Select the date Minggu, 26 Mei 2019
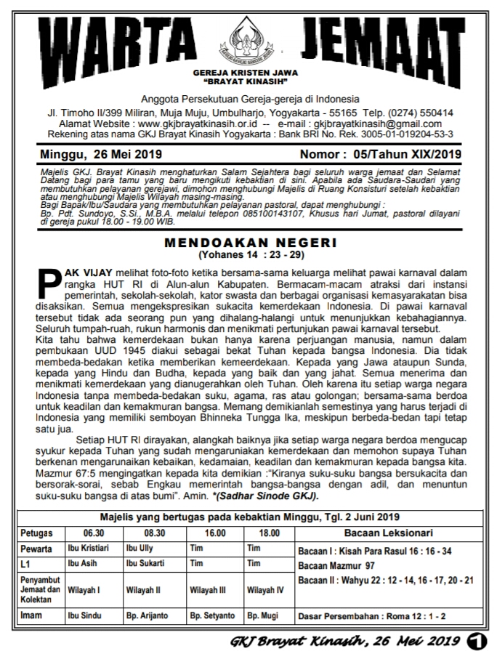click(x=102, y=154)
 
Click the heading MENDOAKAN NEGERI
click(x=250, y=244)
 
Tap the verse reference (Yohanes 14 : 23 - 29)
click(x=250, y=255)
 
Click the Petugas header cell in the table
click(x=37, y=532)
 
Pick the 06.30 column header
click(x=90, y=532)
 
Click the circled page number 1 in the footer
click(x=477, y=641)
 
